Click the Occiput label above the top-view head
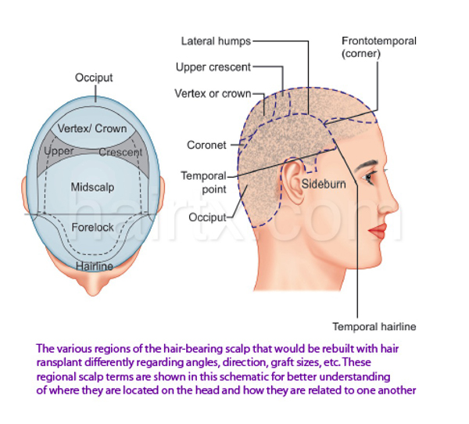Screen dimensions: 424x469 pyautogui.click(x=94, y=77)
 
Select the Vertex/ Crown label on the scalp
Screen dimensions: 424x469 pyautogui.click(x=92, y=128)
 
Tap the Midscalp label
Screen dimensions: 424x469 pyautogui.click(x=93, y=188)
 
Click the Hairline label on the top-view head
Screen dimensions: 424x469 pyautogui.click(x=94, y=267)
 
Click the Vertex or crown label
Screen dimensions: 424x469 pyautogui.click(x=213, y=94)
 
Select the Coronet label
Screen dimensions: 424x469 pyautogui.click(x=206, y=145)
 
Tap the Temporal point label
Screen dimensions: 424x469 pyautogui.click(x=203, y=182)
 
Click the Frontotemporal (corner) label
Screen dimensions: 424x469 pyautogui.click(x=378, y=47)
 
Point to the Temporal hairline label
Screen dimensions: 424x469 pyautogui.click(x=374, y=325)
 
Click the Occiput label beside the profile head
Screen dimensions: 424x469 pyautogui.click(x=207, y=217)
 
